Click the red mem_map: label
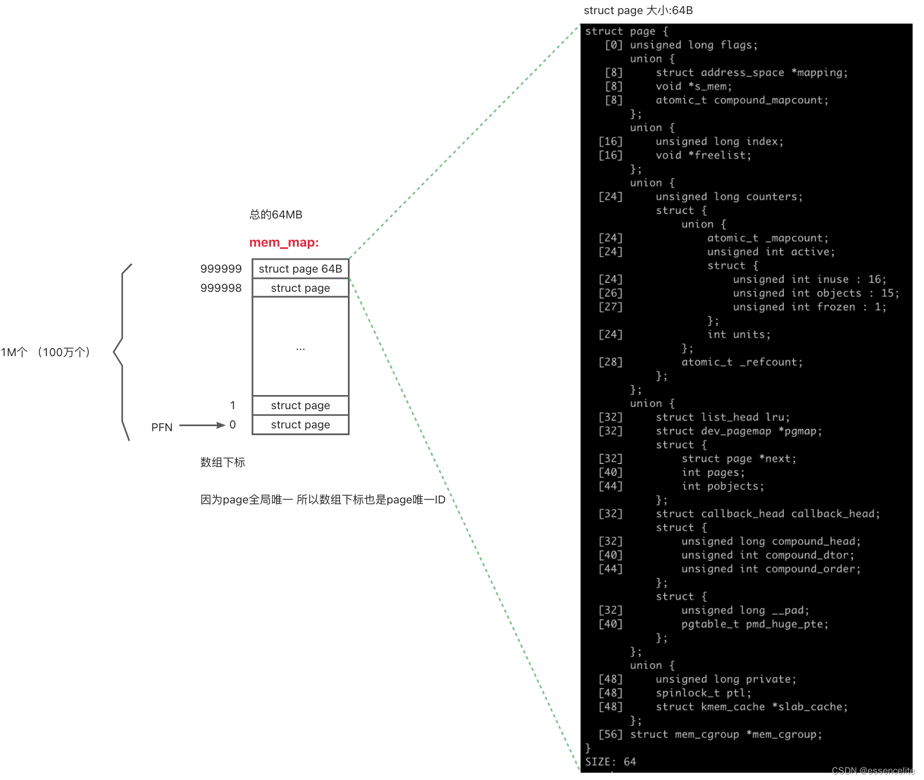[284, 243]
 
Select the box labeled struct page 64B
[300, 269]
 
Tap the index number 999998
[221, 288]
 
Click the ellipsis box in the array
[300, 347]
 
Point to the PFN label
[162, 427]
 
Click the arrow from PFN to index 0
[202, 426]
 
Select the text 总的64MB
[276, 215]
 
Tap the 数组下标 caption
[223, 463]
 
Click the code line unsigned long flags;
[694, 45]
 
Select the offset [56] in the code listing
[611, 735]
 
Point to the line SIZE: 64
[611, 762]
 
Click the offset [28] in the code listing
[611, 362]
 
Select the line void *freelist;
[703, 155]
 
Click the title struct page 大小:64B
[638, 10]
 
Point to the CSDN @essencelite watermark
[873, 771]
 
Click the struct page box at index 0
[300, 425]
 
